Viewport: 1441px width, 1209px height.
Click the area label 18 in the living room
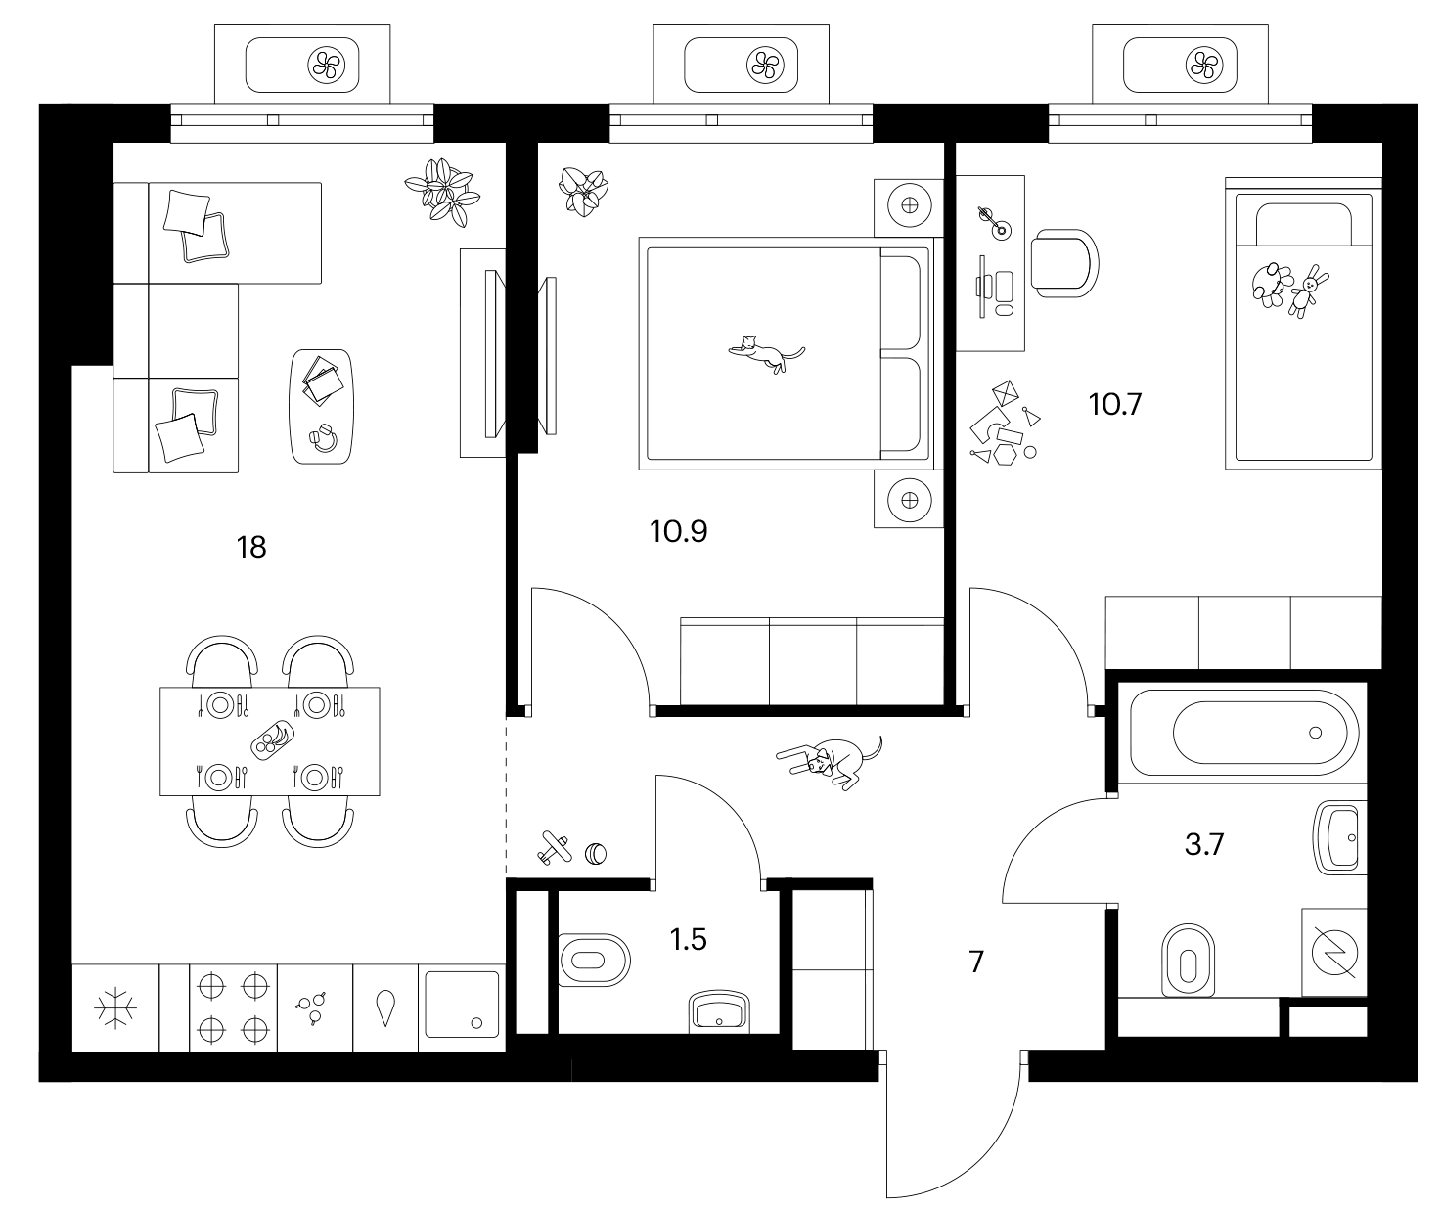251,547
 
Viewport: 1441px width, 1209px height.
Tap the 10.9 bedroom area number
678,531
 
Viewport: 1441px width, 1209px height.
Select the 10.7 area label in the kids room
1114,404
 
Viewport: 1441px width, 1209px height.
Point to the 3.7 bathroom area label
1204,844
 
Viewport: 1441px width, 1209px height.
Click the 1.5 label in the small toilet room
688,939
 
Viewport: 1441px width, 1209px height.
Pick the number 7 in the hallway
976,962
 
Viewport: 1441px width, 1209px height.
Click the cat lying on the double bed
766,353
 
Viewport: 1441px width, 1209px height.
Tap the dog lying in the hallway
830,762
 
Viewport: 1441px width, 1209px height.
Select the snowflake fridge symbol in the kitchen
115,1008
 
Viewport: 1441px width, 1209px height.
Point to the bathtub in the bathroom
1242,733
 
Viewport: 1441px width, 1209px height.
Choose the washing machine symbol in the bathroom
1334,953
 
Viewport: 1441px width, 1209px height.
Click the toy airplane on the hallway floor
554,848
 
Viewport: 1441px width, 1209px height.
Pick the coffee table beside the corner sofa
321,407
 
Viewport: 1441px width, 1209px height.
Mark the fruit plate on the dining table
273,740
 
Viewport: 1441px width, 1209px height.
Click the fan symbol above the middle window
765,67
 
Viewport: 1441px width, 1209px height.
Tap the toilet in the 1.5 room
594,960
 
